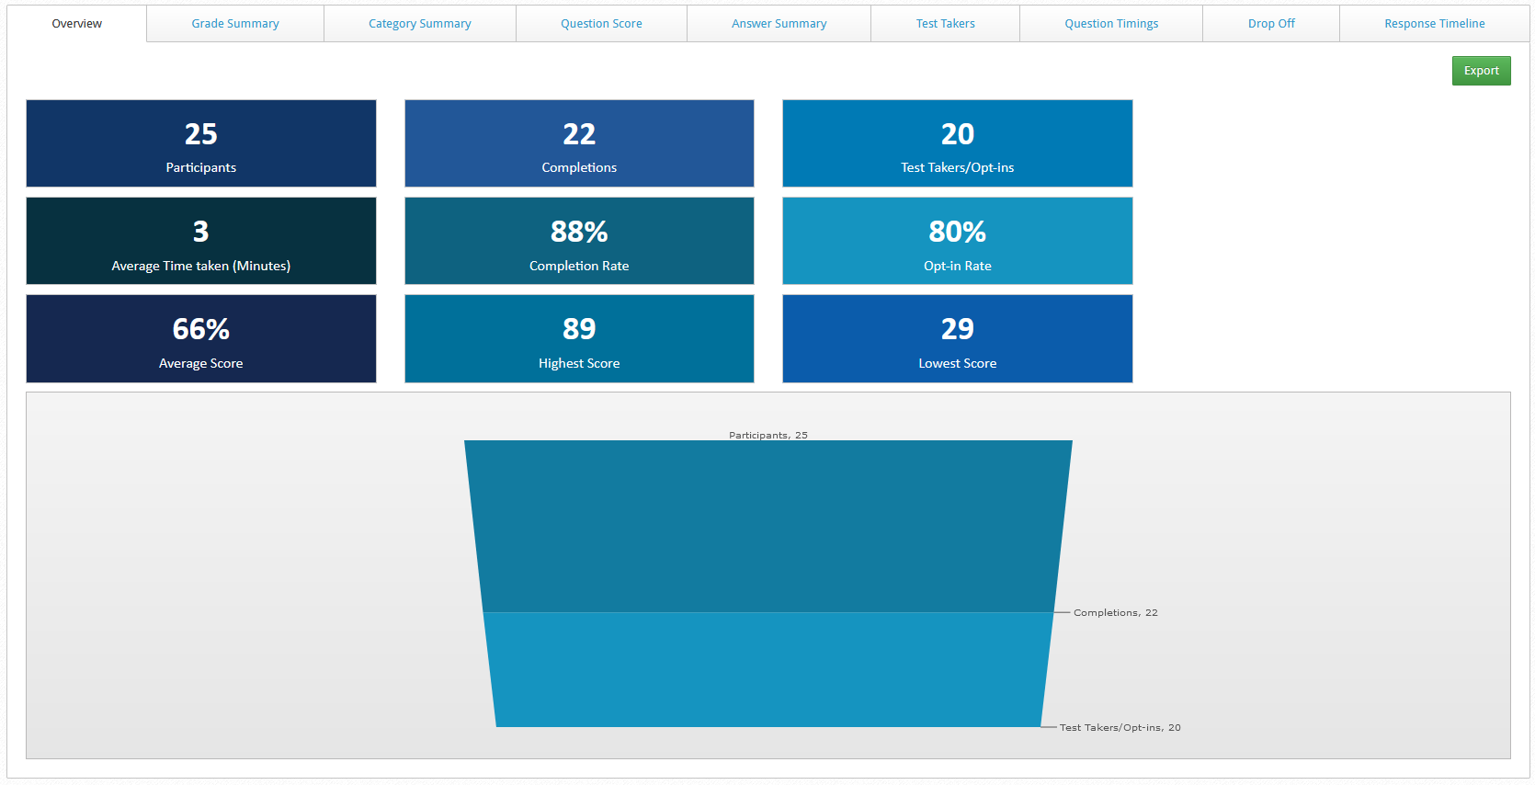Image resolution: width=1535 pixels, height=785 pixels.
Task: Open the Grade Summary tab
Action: click(235, 24)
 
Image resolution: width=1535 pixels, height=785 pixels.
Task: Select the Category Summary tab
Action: click(420, 24)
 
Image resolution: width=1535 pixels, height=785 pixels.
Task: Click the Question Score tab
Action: click(601, 24)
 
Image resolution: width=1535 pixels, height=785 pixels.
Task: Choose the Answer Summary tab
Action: click(779, 24)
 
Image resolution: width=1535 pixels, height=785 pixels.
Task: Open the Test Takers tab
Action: click(945, 24)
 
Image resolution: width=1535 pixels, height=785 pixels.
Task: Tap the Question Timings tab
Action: click(1111, 24)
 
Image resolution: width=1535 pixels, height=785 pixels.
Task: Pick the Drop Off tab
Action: click(1271, 24)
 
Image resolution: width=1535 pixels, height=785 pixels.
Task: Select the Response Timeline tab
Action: click(1434, 24)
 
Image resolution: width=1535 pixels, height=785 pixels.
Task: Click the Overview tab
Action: click(77, 24)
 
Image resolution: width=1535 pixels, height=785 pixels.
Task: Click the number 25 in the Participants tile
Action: click(201, 134)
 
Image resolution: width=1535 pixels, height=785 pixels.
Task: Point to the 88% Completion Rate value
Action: click(579, 232)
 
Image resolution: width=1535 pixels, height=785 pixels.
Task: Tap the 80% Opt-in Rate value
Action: click(957, 232)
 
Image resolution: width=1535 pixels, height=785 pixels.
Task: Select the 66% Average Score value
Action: click(201, 329)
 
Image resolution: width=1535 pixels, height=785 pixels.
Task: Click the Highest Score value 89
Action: click(579, 329)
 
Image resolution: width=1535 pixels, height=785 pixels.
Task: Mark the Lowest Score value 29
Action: click(957, 329)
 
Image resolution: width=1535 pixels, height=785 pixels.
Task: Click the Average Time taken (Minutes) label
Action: click(201, 266)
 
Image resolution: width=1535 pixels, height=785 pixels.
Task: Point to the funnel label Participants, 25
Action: click(768, 436)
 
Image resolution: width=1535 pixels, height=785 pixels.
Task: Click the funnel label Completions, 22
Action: click(1115, 613)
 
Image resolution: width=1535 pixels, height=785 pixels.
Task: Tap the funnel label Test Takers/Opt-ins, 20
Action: click(1120, 728)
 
